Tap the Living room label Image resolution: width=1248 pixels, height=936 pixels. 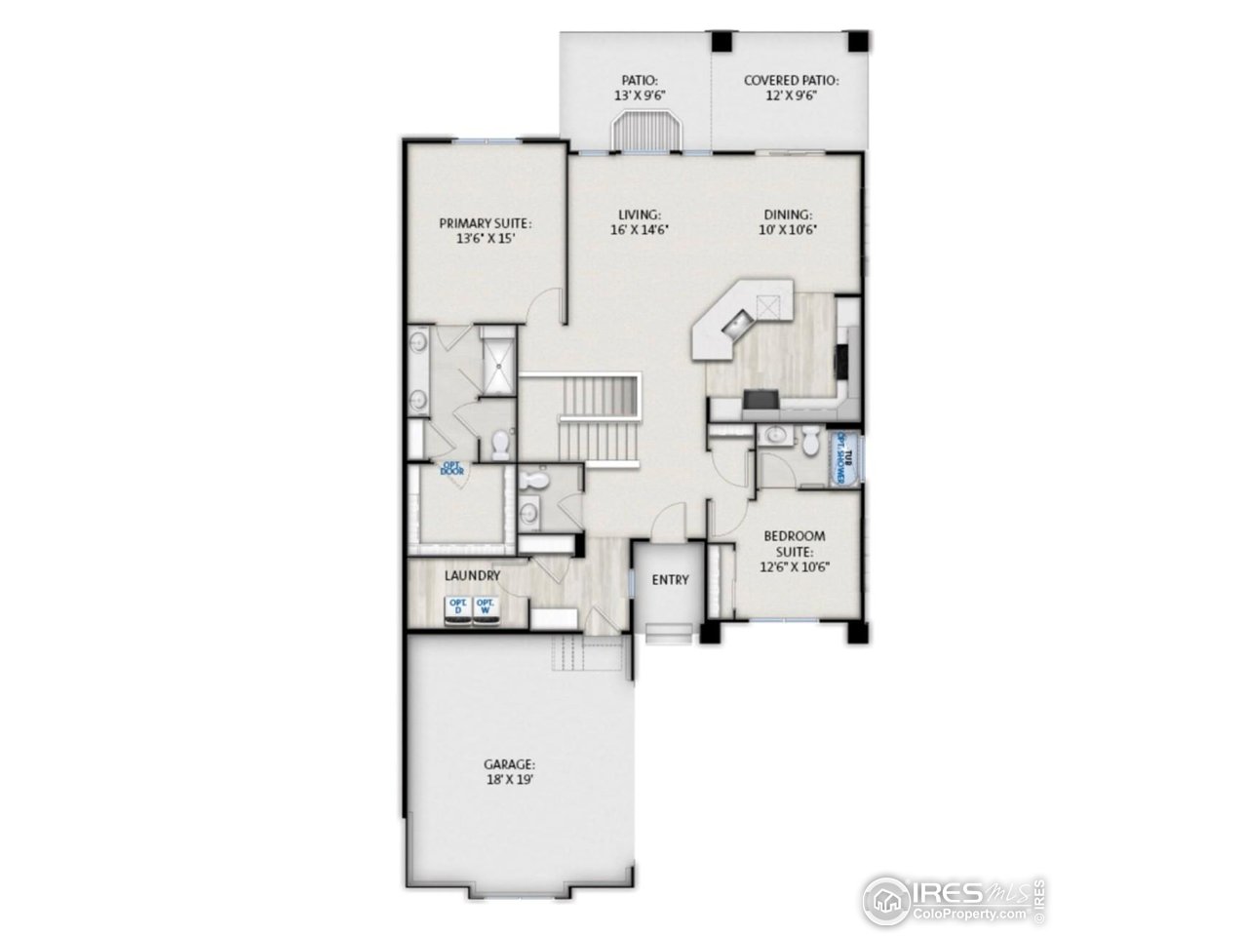point(640,222)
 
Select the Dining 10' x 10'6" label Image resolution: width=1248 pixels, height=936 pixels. point(788,222)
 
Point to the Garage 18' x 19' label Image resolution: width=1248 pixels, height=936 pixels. point(509,773)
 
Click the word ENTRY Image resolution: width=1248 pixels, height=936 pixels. point(670,580)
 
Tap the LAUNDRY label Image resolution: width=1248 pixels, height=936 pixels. point(472,576)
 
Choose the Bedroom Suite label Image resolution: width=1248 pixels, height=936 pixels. point(794,550)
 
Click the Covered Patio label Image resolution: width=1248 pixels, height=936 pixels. point(791,88)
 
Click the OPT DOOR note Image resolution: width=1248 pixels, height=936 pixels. point(451,470)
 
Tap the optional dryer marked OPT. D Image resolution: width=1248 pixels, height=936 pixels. point(457,608)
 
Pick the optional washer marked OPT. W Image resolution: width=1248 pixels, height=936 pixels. point(485,608)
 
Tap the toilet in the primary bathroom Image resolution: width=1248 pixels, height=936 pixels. point(501,446)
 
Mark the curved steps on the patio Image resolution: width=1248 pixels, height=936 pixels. point(646,130)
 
